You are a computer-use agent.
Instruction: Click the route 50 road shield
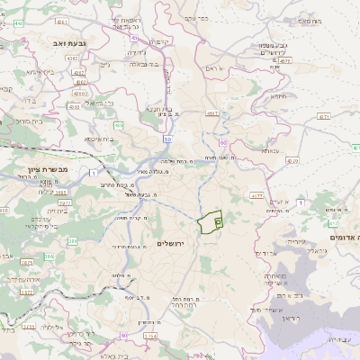click(167, 139)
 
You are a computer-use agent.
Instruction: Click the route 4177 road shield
click(256, 194)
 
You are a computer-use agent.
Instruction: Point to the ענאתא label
click(269, 151)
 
